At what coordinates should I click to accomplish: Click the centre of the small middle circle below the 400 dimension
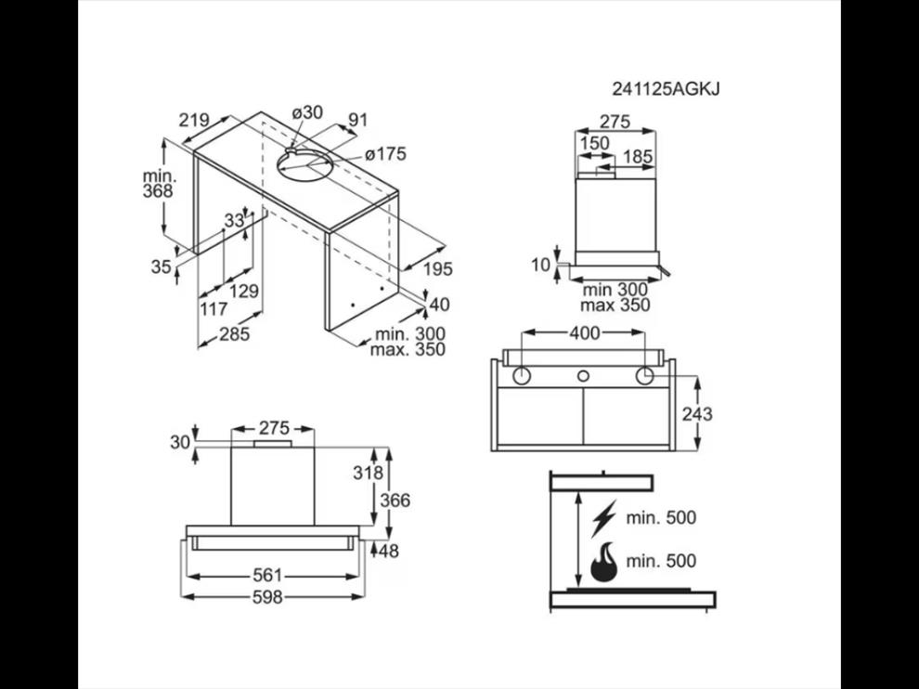(583, 375)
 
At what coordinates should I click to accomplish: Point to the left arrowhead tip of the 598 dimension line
(182, 596)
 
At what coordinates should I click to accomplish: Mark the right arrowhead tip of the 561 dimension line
(358, 577)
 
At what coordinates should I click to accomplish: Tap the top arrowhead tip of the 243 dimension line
(697, 377)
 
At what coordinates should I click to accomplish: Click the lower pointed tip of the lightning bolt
(593, 537)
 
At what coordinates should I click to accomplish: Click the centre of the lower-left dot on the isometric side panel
(353, 305)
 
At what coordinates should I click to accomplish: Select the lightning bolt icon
(603, 518)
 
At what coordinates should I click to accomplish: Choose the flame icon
(603, 562)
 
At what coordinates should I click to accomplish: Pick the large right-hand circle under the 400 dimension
(645, 375)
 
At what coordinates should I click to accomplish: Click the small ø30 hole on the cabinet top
(291, 149)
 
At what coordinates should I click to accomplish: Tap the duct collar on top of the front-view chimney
(273, 444)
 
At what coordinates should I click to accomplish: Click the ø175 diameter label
(385, 154)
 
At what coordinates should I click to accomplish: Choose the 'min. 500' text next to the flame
(661, 561)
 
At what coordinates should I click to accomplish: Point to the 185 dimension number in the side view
(638, 157)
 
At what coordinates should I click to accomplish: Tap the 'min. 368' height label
(159, 184)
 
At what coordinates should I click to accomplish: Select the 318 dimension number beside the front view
(368, 473)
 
